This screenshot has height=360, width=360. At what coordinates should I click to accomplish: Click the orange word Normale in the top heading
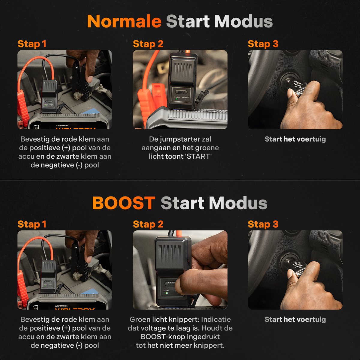coord(124,21)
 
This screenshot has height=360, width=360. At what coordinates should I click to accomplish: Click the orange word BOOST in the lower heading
coord(124,203)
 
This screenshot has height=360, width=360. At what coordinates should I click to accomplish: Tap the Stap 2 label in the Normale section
coord(148,44)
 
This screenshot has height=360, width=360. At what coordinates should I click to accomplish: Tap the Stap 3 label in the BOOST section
coord(263,224)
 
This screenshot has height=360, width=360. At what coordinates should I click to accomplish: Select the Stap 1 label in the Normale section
coord(32,44)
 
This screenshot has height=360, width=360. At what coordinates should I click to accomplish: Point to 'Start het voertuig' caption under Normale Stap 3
coord(295,139)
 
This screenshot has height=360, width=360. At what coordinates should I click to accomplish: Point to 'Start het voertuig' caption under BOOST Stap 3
coord(295,319)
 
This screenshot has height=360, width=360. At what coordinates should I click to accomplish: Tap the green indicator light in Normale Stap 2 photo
coord(177,99)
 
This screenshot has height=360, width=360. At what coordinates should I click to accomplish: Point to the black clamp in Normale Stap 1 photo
coord(80,81)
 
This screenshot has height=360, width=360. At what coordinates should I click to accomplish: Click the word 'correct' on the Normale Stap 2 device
coord(177,97)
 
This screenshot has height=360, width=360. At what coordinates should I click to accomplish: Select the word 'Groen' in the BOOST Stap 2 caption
coord(140,319)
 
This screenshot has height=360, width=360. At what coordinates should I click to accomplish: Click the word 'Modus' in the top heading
coord(243,21)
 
